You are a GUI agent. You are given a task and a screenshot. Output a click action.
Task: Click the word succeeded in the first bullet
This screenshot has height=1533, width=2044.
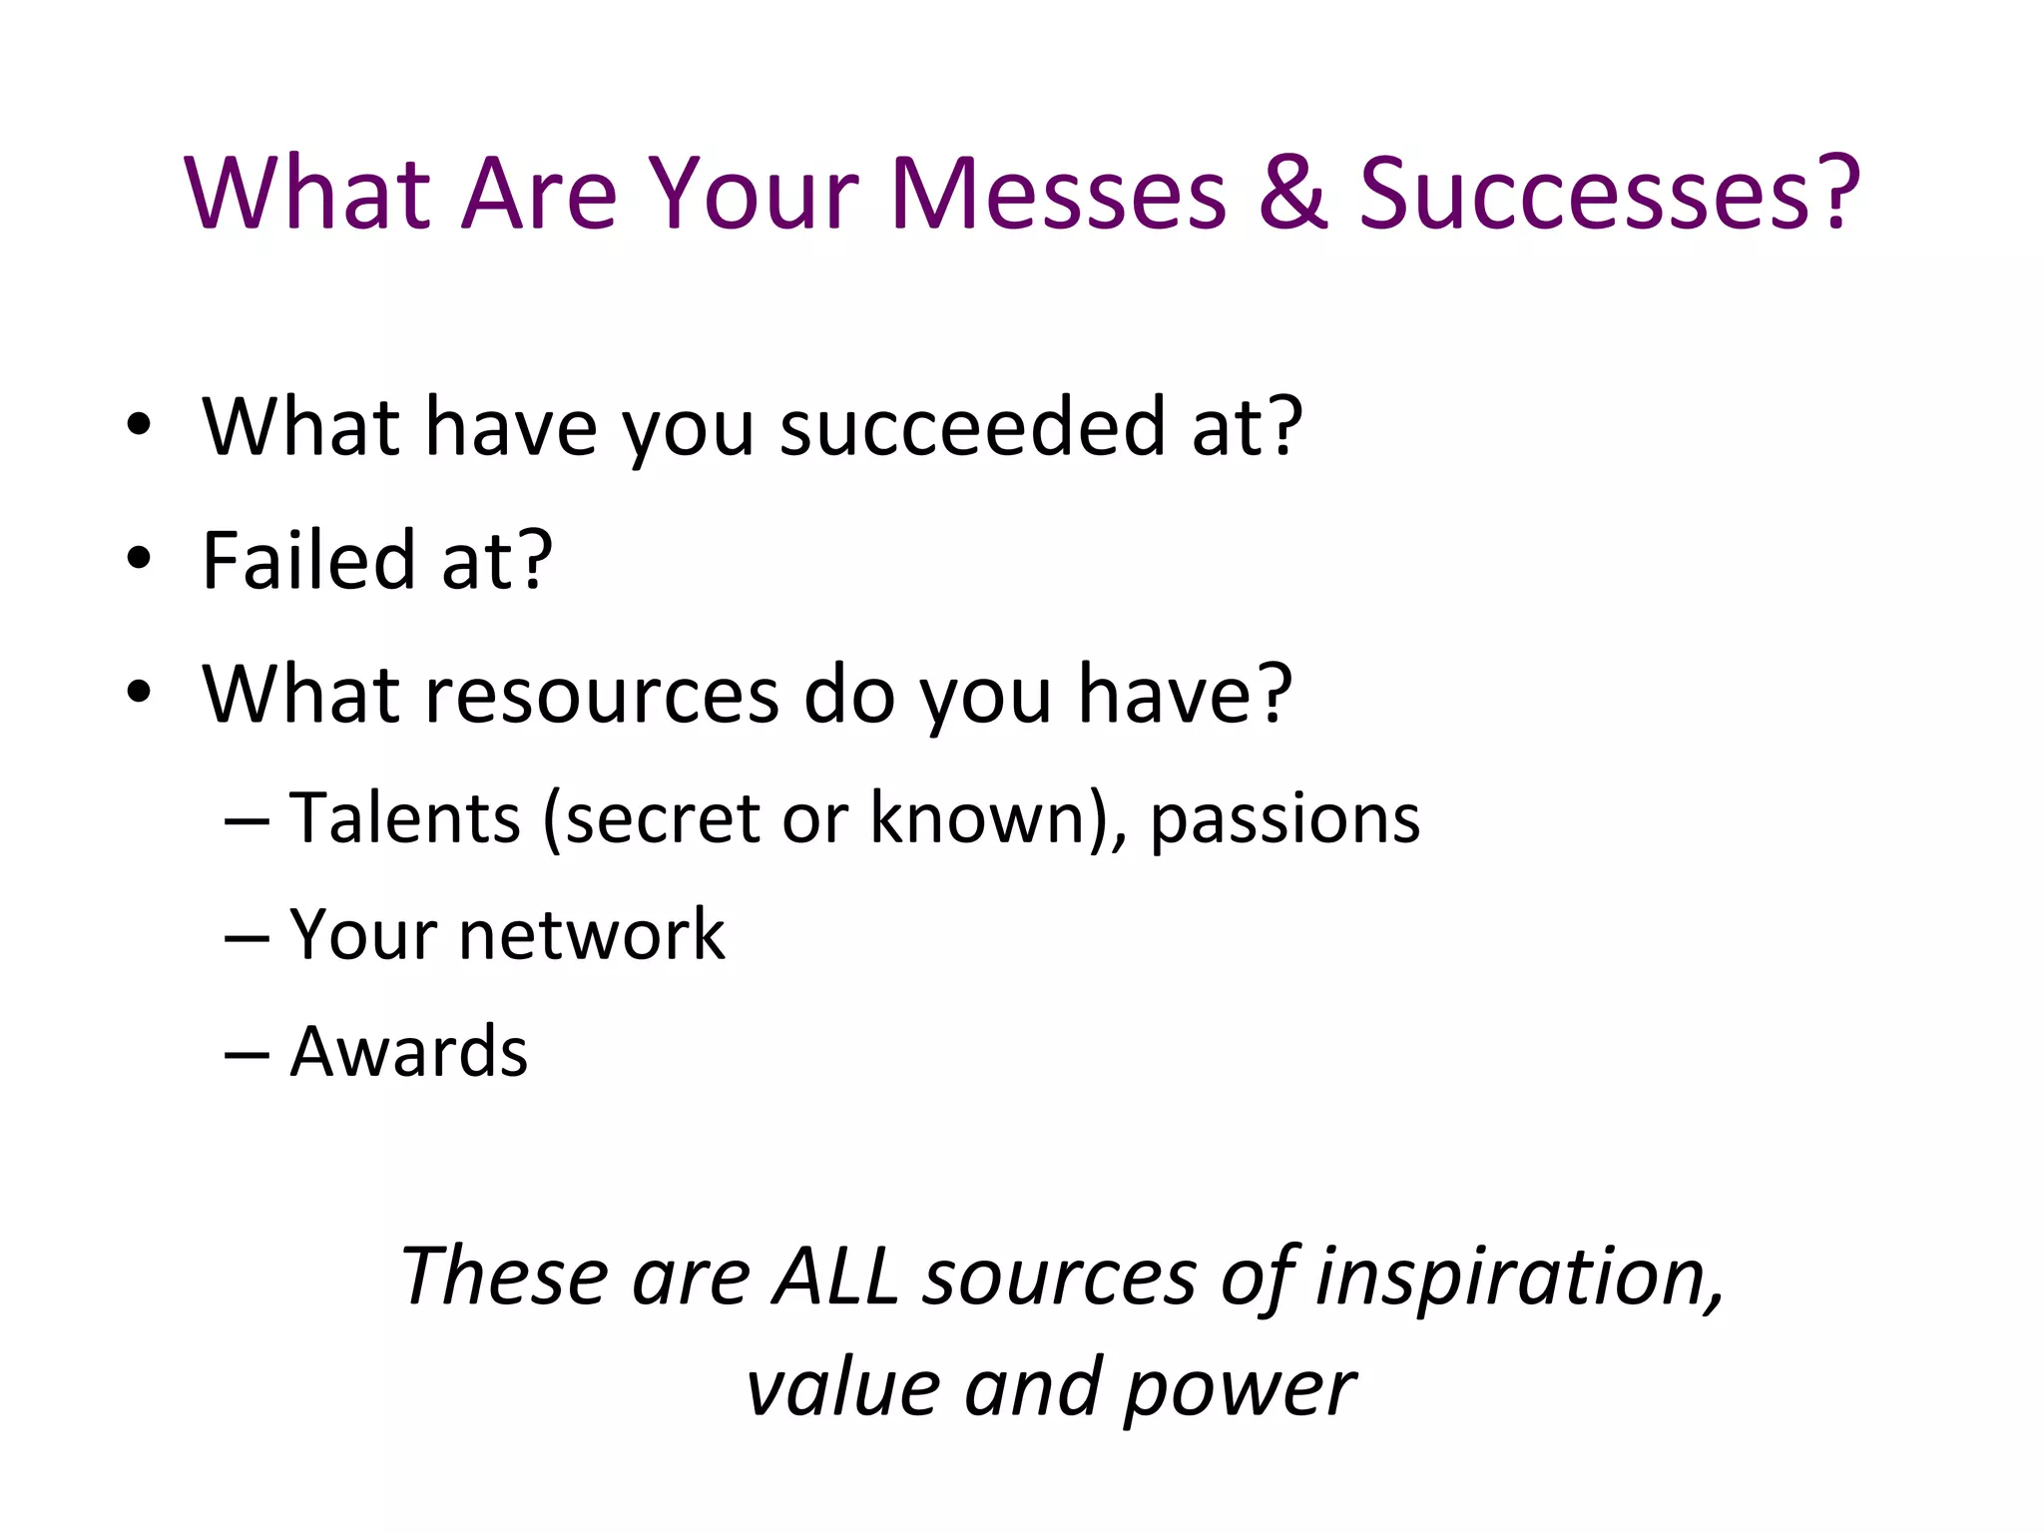point(972,426)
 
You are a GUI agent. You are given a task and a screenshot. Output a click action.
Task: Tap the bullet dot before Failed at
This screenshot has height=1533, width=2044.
point(139,559)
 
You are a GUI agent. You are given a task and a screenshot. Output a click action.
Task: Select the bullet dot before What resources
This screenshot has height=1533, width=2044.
point(139,692)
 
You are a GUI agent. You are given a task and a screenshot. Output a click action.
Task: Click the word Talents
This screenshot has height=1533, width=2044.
point(404,818)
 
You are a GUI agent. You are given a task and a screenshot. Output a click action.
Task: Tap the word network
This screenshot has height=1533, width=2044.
point(592,935)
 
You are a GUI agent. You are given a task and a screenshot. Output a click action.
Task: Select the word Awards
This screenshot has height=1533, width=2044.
point(408,1052)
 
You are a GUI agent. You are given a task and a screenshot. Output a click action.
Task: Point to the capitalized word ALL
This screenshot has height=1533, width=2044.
point(836,1277)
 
